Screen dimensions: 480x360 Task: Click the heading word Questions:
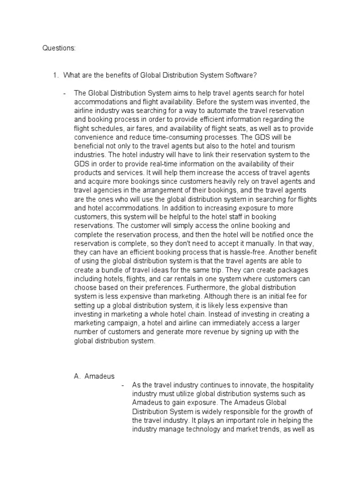(x=59, y=48)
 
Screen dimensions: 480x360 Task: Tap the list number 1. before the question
(x=55, y=75)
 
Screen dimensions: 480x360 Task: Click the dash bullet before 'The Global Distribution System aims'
(x=65, y=93)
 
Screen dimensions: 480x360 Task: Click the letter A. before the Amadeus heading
(x=78, y=376)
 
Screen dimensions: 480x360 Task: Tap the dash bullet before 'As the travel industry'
(x=122, y=385)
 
